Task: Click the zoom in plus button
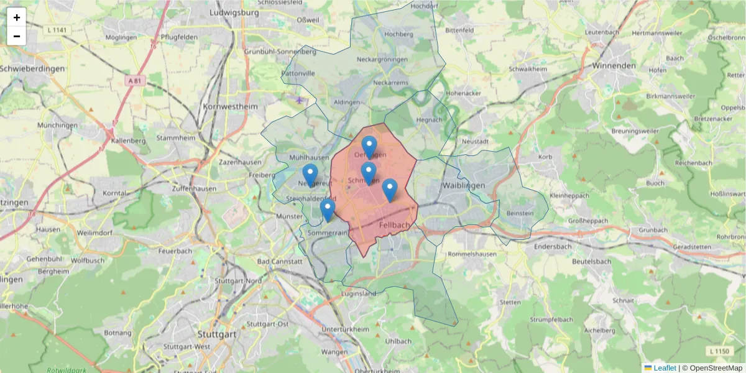tap(17, 17)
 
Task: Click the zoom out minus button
tap(17, 36)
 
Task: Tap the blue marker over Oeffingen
tap(369, 147)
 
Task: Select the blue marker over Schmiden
tap(369, 173)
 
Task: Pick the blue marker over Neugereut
tap(310, 175)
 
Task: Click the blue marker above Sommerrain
tap(328, 210)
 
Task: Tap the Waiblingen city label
tap(463, 185)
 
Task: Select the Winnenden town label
tap(614, 65)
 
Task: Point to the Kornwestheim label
tap(230, 106)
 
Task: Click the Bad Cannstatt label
tap(279, 262)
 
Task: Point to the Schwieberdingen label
tap(32, 68)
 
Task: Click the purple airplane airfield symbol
tap(300, 99)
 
